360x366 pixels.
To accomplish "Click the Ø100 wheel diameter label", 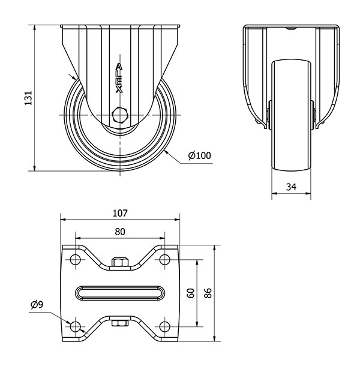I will tap(199, 156).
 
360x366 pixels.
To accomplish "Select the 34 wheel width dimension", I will tap(291, 187).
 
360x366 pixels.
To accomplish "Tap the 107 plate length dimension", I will tap(120, 212).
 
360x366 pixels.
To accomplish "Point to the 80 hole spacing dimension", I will tap(120, 231).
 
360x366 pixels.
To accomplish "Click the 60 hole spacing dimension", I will tap(191, 293).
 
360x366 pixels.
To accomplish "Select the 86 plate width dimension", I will tap(209, 293).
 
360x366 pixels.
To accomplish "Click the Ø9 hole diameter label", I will tap(37, 305).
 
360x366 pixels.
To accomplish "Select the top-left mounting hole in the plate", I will tap(75, 259).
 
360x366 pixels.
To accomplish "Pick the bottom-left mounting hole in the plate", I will tap(75, 327).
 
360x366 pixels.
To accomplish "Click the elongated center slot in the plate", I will tap(120, 293).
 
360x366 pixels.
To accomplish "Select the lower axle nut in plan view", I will tap(120, 325).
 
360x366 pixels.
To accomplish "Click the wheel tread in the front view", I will tap(291, 120).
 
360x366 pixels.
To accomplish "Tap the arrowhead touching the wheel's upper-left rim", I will tap(74, 79).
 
